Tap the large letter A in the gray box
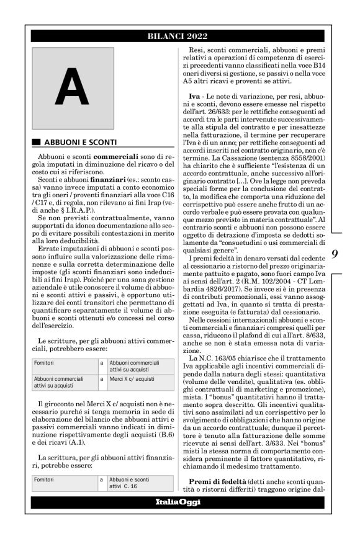click(x=71, y=87)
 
